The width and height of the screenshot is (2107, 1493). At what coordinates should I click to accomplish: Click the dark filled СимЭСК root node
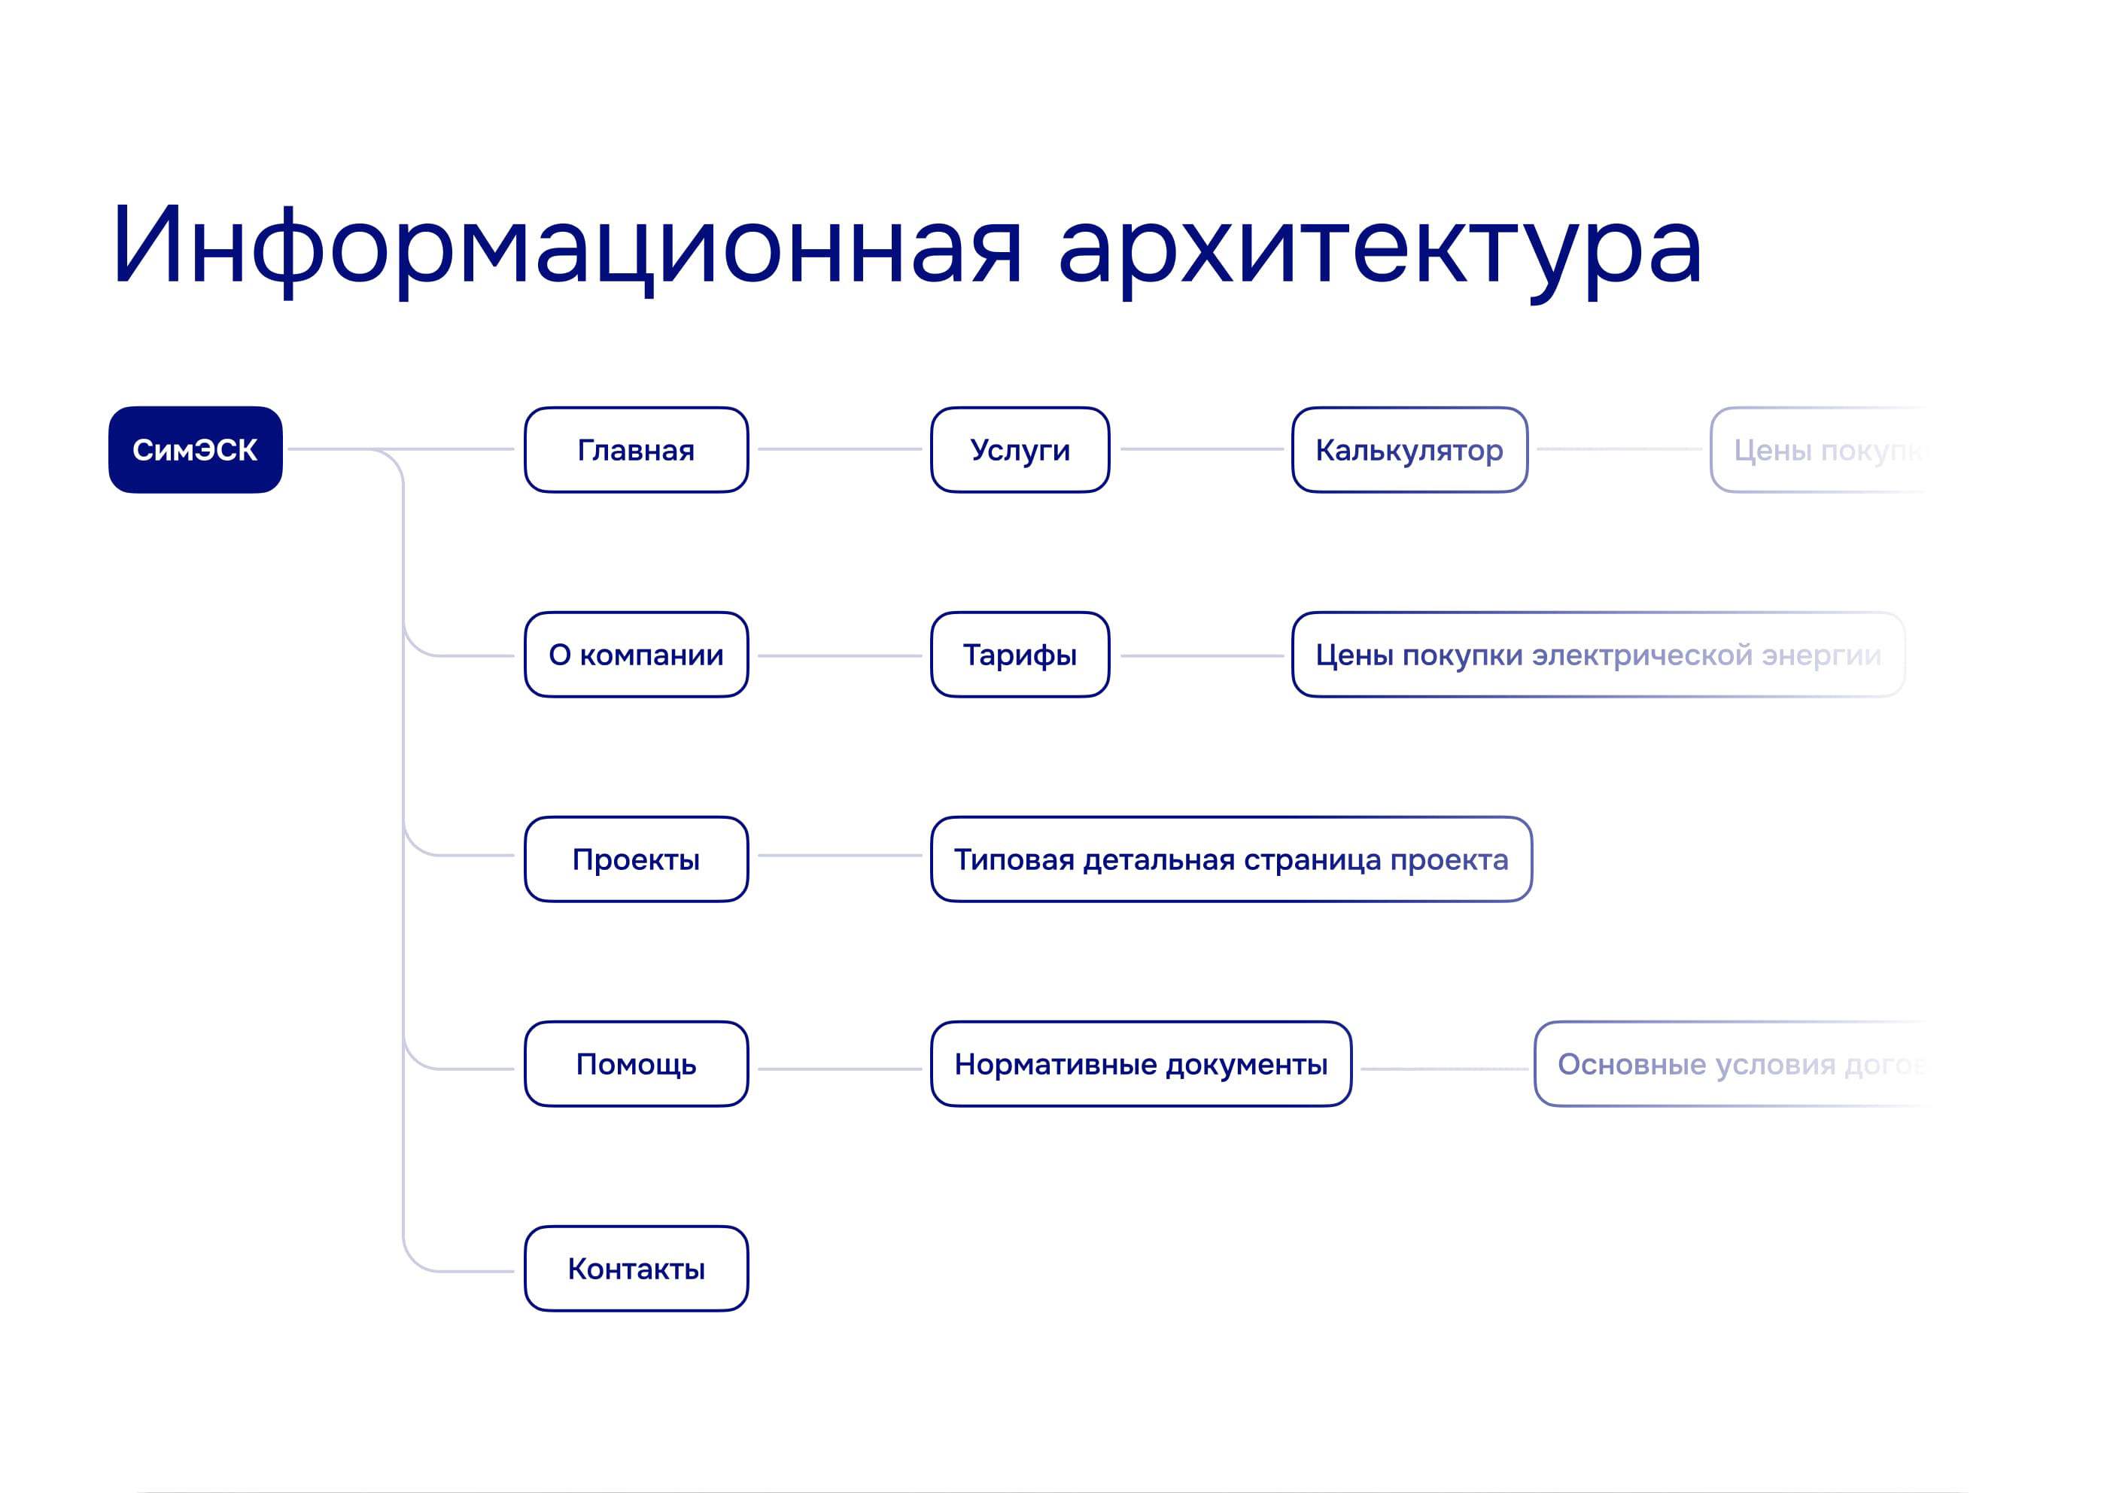point(195,449)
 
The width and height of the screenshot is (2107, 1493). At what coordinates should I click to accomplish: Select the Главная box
point(636,449)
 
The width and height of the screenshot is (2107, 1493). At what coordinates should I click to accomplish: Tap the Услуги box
point(1020,449)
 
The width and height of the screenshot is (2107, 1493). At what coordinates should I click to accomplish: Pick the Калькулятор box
point(1409,449)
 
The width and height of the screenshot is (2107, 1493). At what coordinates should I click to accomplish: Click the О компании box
point(636,655)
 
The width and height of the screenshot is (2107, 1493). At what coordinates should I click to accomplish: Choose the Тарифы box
point(1020,655)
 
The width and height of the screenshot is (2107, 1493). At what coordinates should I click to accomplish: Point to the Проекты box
point(636,859)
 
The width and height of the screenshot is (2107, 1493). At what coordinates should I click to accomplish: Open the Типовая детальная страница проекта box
point(1231,859)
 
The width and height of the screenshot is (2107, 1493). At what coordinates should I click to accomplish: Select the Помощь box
point(636,1063)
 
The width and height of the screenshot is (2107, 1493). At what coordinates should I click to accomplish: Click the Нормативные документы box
point(1141,1063)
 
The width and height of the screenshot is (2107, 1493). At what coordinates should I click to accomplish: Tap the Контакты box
point(636,1269)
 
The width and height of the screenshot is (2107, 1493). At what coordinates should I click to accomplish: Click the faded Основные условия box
point(1728,1063)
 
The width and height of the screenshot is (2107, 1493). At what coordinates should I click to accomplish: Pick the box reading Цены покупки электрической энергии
point(1598,655)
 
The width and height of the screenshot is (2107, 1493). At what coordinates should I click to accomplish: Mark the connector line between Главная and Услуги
point(839,449)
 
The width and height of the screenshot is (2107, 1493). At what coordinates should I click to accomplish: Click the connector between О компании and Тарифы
point(839,655)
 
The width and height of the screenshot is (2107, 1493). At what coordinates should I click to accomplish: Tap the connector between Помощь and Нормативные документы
point(839,1069)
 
